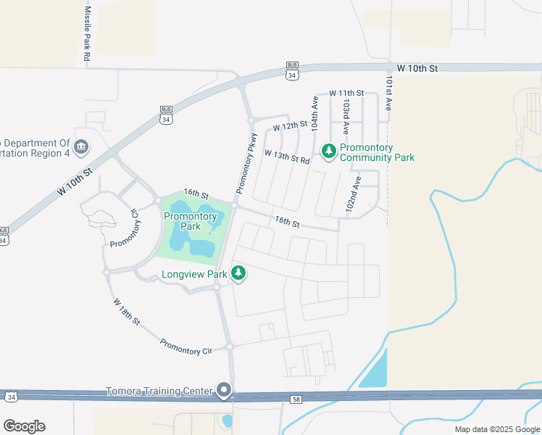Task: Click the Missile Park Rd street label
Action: coord(88,34)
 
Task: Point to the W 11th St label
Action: coord(346,94)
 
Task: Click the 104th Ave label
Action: coord(314,115)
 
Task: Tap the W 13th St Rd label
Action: coord(287,156)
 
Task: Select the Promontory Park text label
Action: coord(191,221)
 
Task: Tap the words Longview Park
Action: coord(194,274)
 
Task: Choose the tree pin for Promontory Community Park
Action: coord(329,150)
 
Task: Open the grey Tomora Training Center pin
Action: coord(224,391)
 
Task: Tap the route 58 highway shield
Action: coord(296,398)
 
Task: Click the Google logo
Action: coord(24,426)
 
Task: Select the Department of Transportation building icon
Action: coord(81,147)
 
